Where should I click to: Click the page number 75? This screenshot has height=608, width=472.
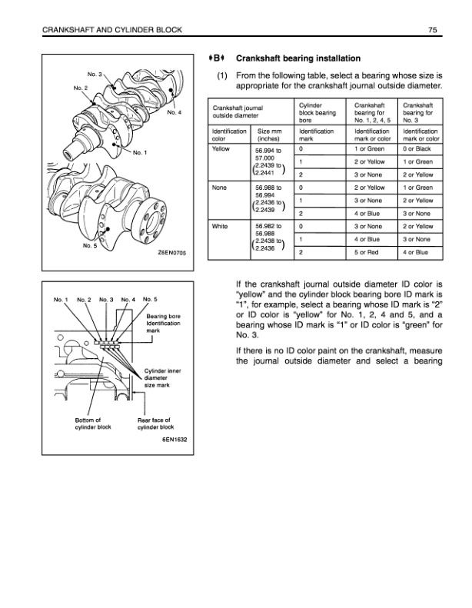(x=434, y=30)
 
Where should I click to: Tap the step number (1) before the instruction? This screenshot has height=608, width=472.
(x=219, y=77)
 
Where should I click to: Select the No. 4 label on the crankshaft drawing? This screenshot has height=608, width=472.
(x=174, y=113)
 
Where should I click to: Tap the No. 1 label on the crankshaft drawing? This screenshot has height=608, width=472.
(x=141, y=152)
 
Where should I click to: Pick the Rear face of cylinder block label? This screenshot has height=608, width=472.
(x=156, y=423)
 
